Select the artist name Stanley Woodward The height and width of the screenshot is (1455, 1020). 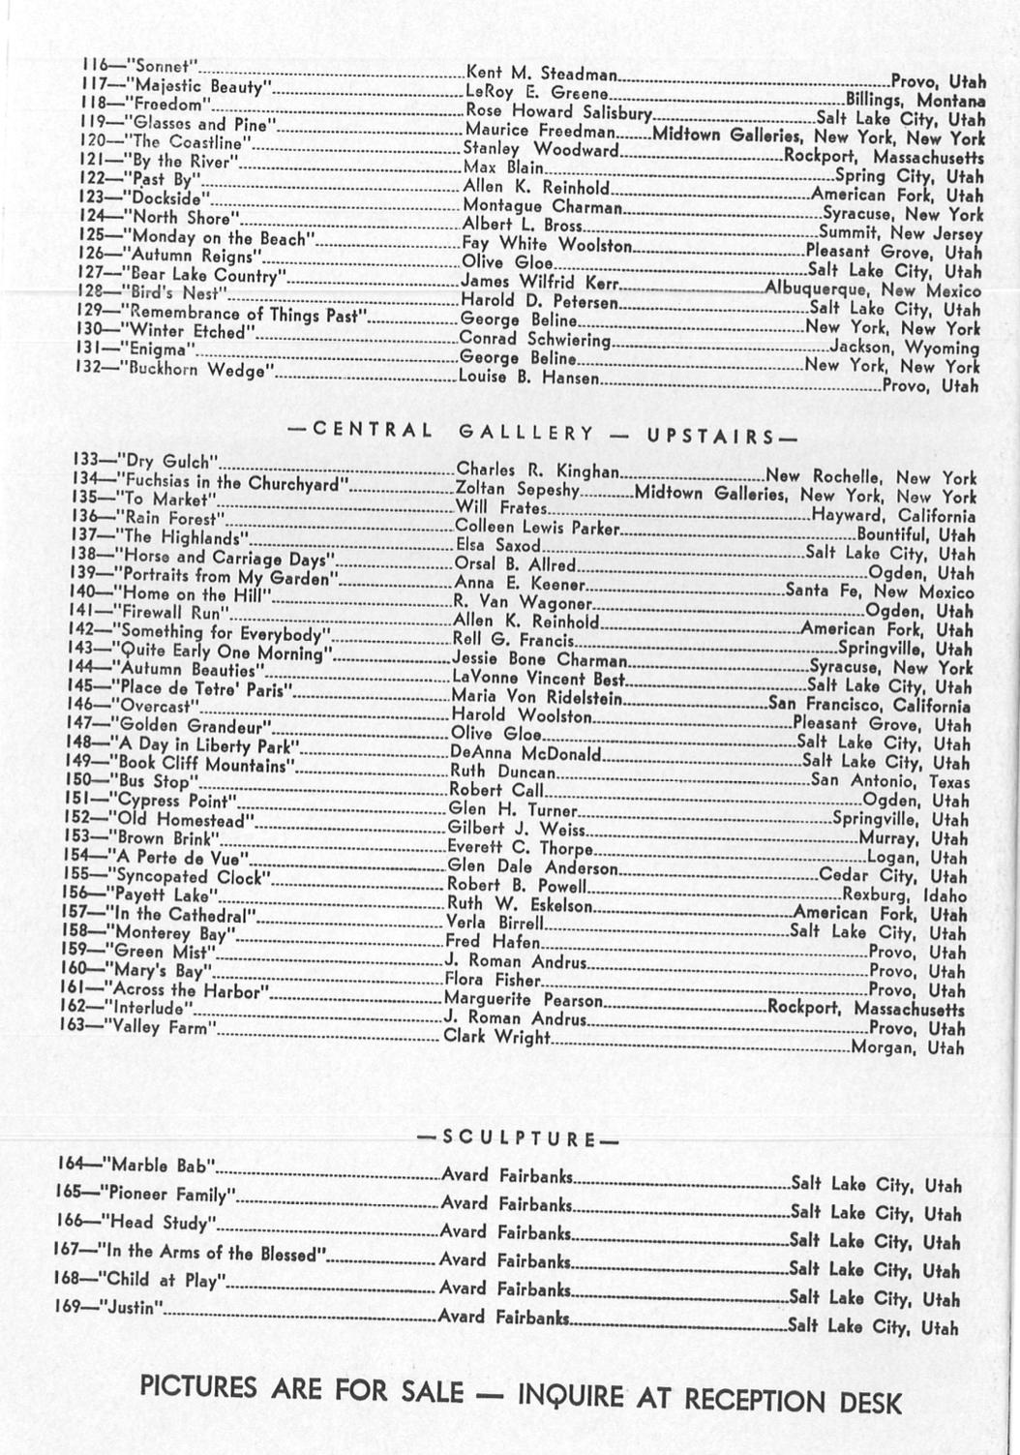point(540,150)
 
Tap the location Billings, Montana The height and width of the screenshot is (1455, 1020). point(915,100)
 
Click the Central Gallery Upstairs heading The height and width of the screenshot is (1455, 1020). point(541,433)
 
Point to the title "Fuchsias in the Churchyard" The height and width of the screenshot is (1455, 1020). point(231,482)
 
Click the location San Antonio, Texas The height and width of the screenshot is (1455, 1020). point(889,781)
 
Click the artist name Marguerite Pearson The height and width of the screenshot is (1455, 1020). point(523,1000)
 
